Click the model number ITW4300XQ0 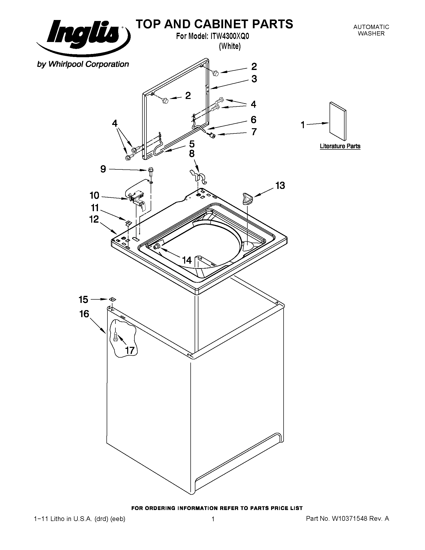[229, 36]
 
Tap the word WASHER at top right [371, 33]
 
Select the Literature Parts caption [340, 146]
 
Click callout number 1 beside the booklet [303, 125]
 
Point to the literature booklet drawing [338, 121]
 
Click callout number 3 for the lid [254, 79]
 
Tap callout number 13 [280, 185]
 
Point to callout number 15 [83, 299]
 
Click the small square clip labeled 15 [112, 299]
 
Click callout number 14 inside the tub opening [187, 260]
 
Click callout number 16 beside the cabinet [84, 314]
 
